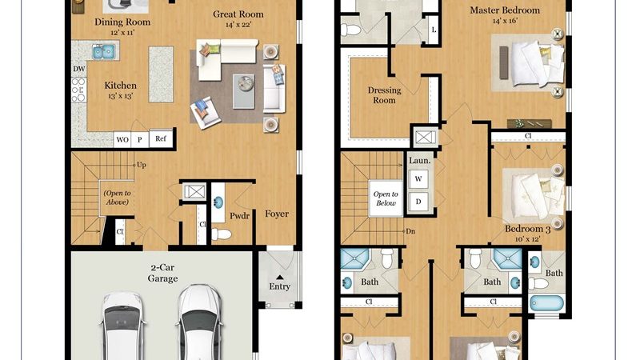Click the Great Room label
tap(238, 14)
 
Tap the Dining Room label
tap(122, 22)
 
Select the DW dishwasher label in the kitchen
tap(78, 69)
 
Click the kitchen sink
tap(104, 52)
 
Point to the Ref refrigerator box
tap(161, 138)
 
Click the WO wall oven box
tap(122, 139)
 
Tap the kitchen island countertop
tap(161, 74)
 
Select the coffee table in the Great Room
tap(244, 91)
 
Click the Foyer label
tap(277, 214)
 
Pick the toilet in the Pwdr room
tap(221, 234)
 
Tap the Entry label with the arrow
tap(279, 283)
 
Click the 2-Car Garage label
tap(162, 273)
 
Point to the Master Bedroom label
tap(505, 10)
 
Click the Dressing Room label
tap(385, 95)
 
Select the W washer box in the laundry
tap(418, 178)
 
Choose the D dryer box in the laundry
tap(418, 202)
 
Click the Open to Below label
tap(386, 198)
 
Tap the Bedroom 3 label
tap(528, 229)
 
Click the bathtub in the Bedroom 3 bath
tap(547, 304)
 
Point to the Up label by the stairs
tap(142, 165)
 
